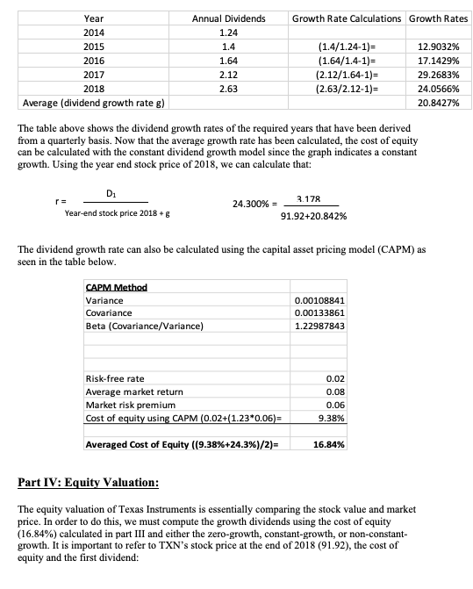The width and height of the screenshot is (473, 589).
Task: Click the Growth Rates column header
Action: [x=438, y=18]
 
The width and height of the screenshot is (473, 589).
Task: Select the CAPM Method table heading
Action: [x=116, y=287]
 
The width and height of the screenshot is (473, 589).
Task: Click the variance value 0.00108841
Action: [x=320, y=300]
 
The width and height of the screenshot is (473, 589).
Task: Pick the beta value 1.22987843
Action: [x=320, y=326]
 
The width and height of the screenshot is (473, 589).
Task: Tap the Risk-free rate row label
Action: [x=115, y=378]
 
